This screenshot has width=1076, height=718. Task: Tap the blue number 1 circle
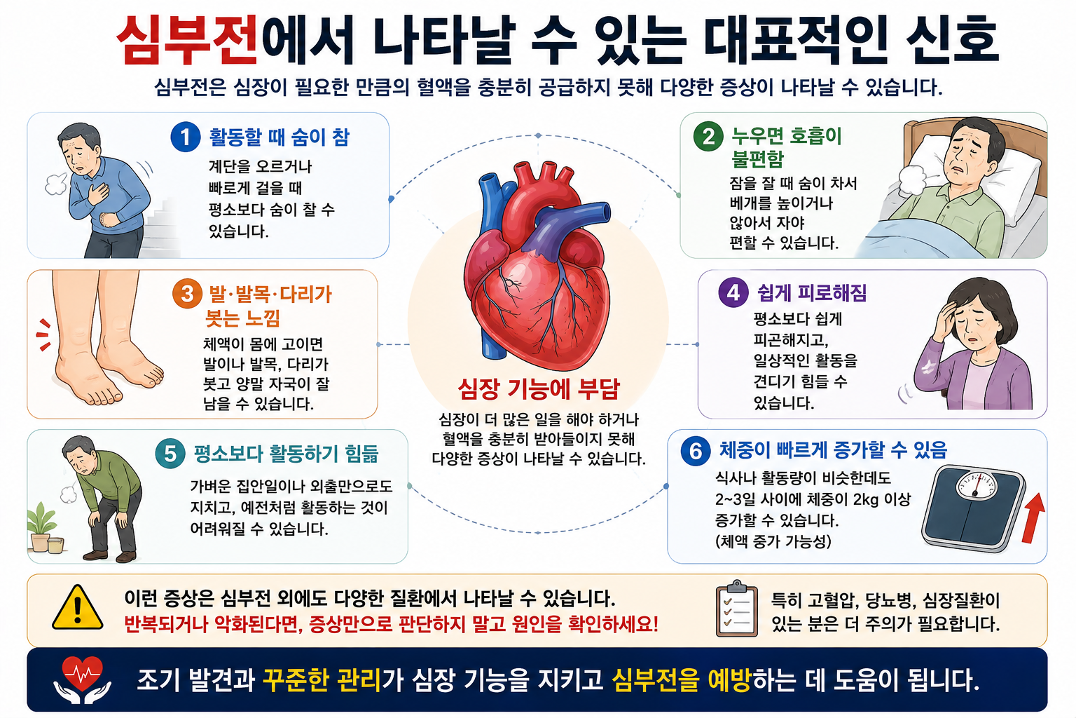tap(186, 137)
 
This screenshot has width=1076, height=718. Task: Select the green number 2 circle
tap(708, 137)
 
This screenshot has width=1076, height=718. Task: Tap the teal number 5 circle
tap(170, 454)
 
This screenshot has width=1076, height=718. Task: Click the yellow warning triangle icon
tap(77, 608)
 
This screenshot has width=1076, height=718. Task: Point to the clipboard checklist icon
tap(736, 609)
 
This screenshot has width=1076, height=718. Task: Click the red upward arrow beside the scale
tap(1033, 518)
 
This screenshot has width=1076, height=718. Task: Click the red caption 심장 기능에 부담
tap(539, 389)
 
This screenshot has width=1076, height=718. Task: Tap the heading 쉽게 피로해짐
tap(812, 292)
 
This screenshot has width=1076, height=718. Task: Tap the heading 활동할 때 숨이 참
tap(279, 137)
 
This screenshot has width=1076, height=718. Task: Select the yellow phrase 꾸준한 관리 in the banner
tap(322, 680)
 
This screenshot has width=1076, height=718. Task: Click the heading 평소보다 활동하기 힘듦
tap(286, 454)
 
